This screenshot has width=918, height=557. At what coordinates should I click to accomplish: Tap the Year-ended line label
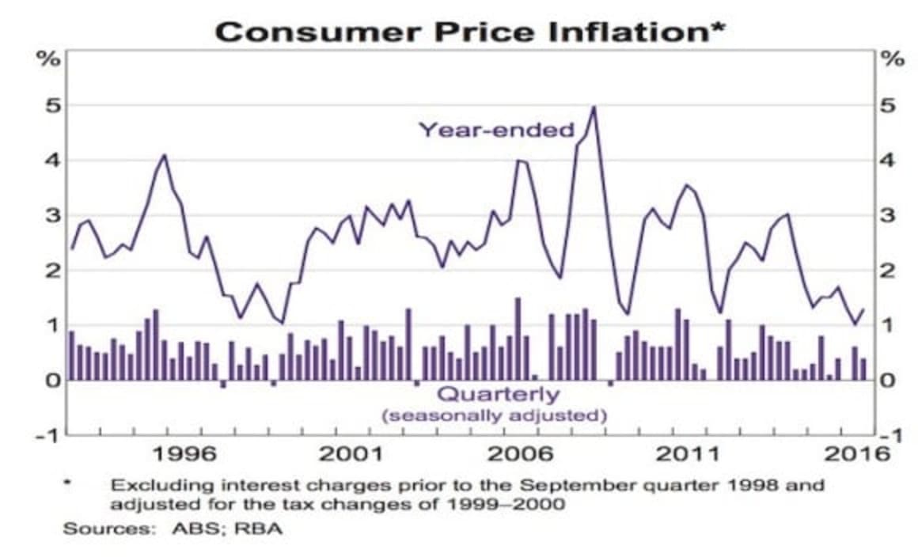click(496, 130)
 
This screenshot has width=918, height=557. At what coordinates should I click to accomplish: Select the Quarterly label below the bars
click(498, 394)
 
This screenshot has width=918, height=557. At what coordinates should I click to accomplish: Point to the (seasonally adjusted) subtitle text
click(495, 415)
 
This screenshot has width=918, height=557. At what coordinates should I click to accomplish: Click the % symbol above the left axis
click(49, 59)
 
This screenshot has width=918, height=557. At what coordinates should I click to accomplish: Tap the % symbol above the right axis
click(893, 59)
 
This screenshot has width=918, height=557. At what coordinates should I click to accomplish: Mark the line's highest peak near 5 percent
click(594, 107)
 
